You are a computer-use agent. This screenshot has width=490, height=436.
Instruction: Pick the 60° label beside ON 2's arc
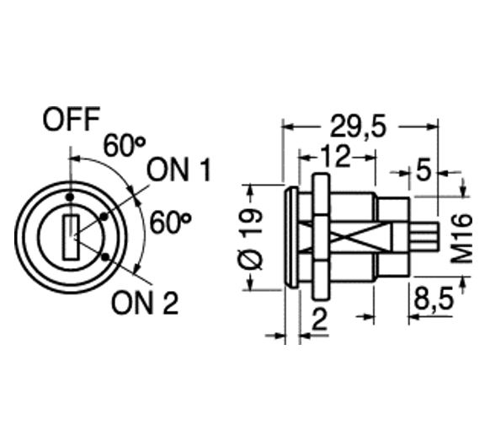tap(171, 223)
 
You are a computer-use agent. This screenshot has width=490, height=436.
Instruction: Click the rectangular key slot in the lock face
tap(71, 237)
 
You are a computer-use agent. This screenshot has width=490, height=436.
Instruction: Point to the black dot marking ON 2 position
tap(104, 257)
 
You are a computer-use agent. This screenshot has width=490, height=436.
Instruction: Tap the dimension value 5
tap(423, 170)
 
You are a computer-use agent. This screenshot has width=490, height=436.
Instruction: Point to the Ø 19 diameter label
tap(253, 239)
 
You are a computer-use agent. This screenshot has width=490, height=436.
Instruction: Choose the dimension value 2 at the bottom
tap(319, 319)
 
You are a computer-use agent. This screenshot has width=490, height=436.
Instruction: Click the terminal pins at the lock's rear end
tap(429, 238)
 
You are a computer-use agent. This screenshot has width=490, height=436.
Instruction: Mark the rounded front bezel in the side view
tap(292, 239)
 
